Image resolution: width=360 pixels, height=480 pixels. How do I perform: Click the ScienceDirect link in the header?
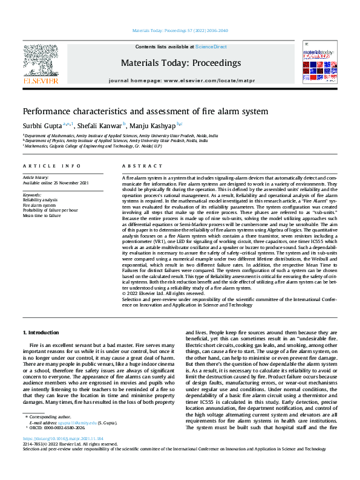211,47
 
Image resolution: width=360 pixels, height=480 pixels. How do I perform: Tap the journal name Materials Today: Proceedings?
180,63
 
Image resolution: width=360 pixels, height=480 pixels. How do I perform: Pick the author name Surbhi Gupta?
41,125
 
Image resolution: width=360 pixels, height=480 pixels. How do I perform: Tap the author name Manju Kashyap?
151,125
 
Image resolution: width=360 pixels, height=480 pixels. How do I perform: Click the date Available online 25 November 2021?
55,183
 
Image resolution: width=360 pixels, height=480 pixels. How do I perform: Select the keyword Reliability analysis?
40,199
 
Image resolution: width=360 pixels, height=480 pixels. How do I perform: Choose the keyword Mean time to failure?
42,215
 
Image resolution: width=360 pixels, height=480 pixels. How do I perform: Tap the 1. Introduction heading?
41,332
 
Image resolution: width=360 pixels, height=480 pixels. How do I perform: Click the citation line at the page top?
180,30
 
